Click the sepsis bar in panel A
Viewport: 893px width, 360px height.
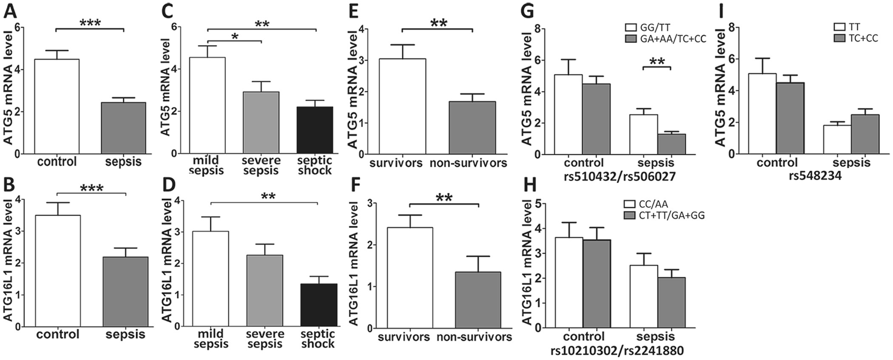point(123,128)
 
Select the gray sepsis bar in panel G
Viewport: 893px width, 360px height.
point(671,144)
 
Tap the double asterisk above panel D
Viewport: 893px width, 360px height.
point(268,196)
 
